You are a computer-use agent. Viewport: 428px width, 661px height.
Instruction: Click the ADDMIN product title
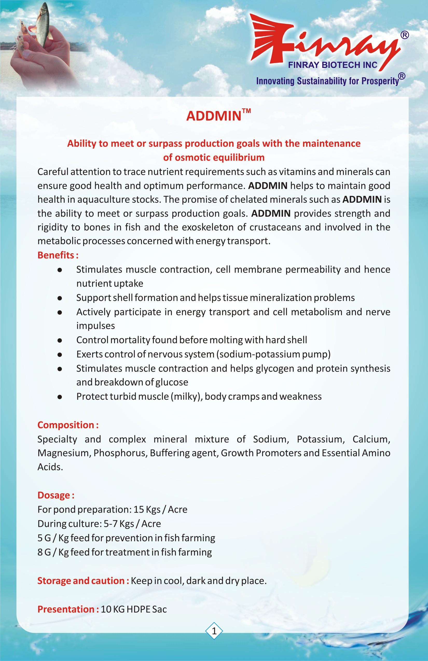click(213, 116)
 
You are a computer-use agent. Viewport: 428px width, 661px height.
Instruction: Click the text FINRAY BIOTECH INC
click(332, 65)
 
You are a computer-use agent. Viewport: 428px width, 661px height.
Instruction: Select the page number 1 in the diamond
click(214, 631)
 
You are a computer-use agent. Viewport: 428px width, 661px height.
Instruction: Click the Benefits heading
click(58, 255)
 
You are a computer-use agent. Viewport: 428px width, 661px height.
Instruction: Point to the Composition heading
click(68, 425)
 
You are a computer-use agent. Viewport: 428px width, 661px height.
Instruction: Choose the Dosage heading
click(56, 495)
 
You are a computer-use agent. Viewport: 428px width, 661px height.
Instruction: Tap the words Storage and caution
click(83, 581)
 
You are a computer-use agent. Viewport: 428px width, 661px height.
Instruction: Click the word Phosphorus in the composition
click(120, 453)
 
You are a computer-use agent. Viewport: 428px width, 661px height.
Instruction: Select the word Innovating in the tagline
click(275, 81)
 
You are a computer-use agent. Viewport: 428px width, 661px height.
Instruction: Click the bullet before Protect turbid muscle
click(59, 397)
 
